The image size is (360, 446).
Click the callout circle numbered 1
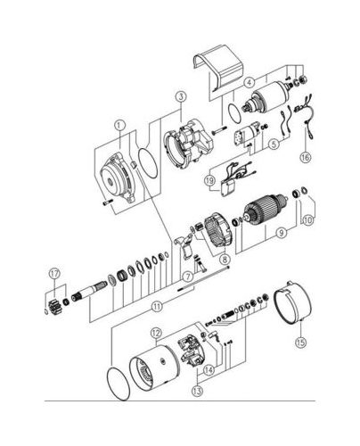point(119,125)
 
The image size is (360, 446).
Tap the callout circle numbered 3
point(181,96)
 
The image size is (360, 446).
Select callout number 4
point(250,83)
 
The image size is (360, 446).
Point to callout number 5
point(274,145)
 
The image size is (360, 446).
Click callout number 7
point(188,277)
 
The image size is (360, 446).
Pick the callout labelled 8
point(225,260)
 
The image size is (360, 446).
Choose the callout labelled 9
point(282,233)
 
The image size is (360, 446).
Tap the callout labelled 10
point(308,220)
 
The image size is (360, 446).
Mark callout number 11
point(157,306)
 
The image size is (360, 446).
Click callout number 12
point(157,333)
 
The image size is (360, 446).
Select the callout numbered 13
point(198,391)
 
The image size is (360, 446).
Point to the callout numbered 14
point(209,370)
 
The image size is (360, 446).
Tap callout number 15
point(300,343)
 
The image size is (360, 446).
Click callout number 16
point(306,157)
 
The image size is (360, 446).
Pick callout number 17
point(54,274)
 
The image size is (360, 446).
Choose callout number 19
point(209,180)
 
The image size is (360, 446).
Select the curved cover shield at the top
point(218,69)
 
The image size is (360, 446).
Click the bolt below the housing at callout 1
point(108,202)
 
